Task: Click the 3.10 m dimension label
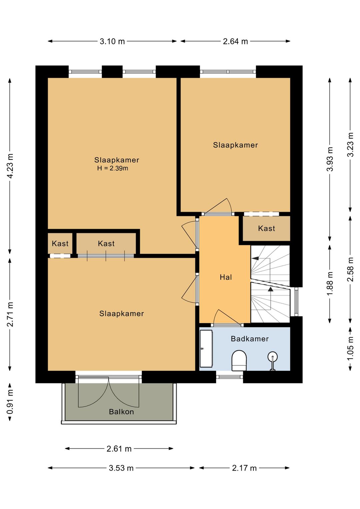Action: pos(112,41)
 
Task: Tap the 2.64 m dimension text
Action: pos(235,41)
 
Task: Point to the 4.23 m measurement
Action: pos(10,166)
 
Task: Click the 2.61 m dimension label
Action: pos(119,449)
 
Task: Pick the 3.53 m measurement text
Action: pos(121,468)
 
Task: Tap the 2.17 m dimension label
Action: pos(244,468)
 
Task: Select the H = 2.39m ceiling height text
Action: pos(113,168)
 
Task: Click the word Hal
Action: pos(226,277)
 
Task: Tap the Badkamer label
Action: pos(250,339)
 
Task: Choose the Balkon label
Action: pos(121,412)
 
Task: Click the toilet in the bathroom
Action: pos(239,360)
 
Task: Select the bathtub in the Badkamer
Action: pos(206,348)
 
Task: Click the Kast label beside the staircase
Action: pos(266,228)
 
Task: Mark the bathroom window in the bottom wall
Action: pos(229,377)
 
